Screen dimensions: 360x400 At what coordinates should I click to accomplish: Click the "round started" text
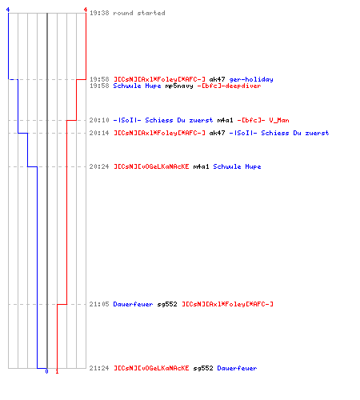(x=139, y=13)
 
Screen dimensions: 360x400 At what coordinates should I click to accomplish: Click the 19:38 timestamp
(x=99, y=13)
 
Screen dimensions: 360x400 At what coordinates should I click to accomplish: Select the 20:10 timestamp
(x=99, y=120)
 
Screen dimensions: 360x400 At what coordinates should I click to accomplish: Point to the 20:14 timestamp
(x=99, y=133)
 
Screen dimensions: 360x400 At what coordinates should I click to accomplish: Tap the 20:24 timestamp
(x=99, y=166)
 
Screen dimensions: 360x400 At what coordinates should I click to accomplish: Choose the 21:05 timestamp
(x=99, y=304)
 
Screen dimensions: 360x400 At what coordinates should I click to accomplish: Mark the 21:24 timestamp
(x=99, y=368)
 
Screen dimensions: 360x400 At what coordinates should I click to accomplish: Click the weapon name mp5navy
(x=179, y=86)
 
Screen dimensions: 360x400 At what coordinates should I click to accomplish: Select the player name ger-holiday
(x=251, y=80)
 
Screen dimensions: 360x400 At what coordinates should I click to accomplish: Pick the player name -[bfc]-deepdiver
(x=229, y=86)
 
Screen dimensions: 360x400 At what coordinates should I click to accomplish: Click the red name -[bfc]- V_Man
(x=263, y=120)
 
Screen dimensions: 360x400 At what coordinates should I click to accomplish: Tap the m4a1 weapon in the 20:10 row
(x=225, y=120)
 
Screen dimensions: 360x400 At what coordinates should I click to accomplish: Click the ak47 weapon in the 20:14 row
(x=217, y=133)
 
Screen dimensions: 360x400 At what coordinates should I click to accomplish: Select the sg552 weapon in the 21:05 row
(x=167, y=304)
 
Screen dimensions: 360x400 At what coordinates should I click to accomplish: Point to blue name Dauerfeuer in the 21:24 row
(x=237, y=368)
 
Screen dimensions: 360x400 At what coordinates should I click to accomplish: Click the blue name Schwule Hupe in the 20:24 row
(x=237, y=166)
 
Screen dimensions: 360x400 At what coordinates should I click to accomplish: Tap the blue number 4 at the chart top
(x=8, y=10)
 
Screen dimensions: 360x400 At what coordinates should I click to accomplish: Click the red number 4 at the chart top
(x=86, y=10)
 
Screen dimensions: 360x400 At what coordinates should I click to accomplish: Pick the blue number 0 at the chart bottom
(x=46, y=371)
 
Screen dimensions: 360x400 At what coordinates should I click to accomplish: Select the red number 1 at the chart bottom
(x=57, y=371)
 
